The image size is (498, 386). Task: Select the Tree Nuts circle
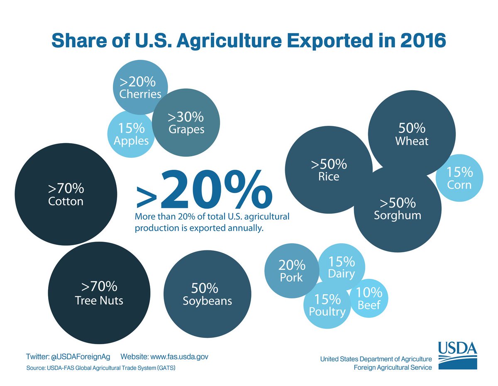click(x=99, y=293)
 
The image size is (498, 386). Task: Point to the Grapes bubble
click(x=186, y=123)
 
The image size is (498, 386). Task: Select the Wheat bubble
click(x=411, y=134)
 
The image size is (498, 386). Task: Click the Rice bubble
click(x=329, y=170)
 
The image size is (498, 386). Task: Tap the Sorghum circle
click(x=397, y=210)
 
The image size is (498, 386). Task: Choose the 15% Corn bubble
click(x=459, y=178)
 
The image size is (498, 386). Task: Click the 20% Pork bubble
click(x=291, y=271)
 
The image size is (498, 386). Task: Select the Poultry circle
click(x=327, y=305)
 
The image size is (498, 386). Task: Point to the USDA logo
click(x=458, y=355)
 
